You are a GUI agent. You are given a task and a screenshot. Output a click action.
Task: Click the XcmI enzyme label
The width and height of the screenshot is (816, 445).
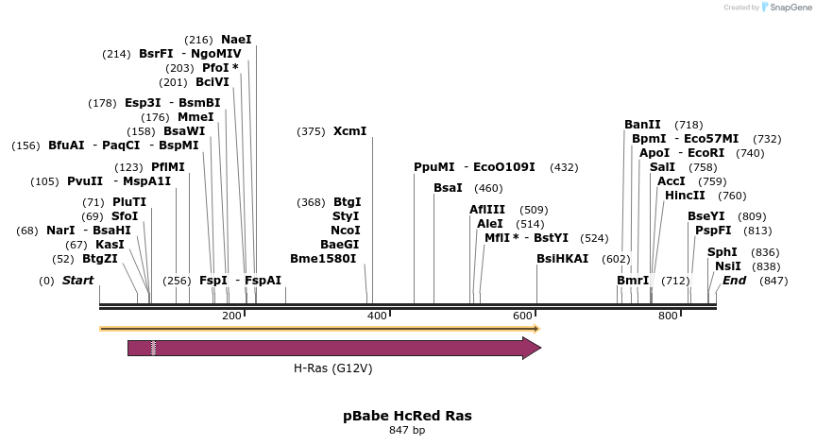coord(349,131)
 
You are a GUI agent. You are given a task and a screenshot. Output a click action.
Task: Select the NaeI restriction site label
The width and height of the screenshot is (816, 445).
coord(236,40)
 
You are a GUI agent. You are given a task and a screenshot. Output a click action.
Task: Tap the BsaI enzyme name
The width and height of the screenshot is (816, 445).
coord(448,188)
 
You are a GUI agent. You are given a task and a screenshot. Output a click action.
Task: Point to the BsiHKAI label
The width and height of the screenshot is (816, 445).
coord(562,259)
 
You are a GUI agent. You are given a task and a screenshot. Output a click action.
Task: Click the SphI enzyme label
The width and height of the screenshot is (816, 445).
coord(722,252)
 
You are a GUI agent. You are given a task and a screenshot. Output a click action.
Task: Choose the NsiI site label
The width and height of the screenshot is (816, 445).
coord(728,266)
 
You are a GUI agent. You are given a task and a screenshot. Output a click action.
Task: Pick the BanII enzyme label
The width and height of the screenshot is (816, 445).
coord(642,125)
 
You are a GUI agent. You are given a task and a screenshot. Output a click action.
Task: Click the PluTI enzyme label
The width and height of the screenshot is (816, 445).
coord(129,202)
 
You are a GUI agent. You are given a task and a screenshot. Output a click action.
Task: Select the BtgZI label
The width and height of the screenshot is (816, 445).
coord(100,259)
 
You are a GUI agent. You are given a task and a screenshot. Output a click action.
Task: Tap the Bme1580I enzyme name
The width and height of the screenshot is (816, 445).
coord(323,259)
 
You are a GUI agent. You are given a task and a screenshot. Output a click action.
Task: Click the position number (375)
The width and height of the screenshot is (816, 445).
coord(311,131)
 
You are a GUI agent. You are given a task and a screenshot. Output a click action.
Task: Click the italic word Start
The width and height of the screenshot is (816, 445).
coord(78,281)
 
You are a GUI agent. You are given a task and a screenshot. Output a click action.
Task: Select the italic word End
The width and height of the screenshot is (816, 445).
coord(734,281)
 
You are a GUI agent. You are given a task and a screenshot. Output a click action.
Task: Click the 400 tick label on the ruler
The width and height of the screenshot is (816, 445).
coord(377,316)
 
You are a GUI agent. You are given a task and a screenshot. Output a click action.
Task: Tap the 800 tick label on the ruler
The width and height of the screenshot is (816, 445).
coord(668,316)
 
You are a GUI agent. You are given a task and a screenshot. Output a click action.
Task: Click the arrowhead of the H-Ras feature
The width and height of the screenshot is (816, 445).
coord(532,348)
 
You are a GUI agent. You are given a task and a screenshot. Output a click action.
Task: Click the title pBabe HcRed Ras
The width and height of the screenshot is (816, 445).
coord(407,416)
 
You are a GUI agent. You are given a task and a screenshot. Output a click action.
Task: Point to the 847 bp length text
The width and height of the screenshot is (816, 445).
coord(407,431)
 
